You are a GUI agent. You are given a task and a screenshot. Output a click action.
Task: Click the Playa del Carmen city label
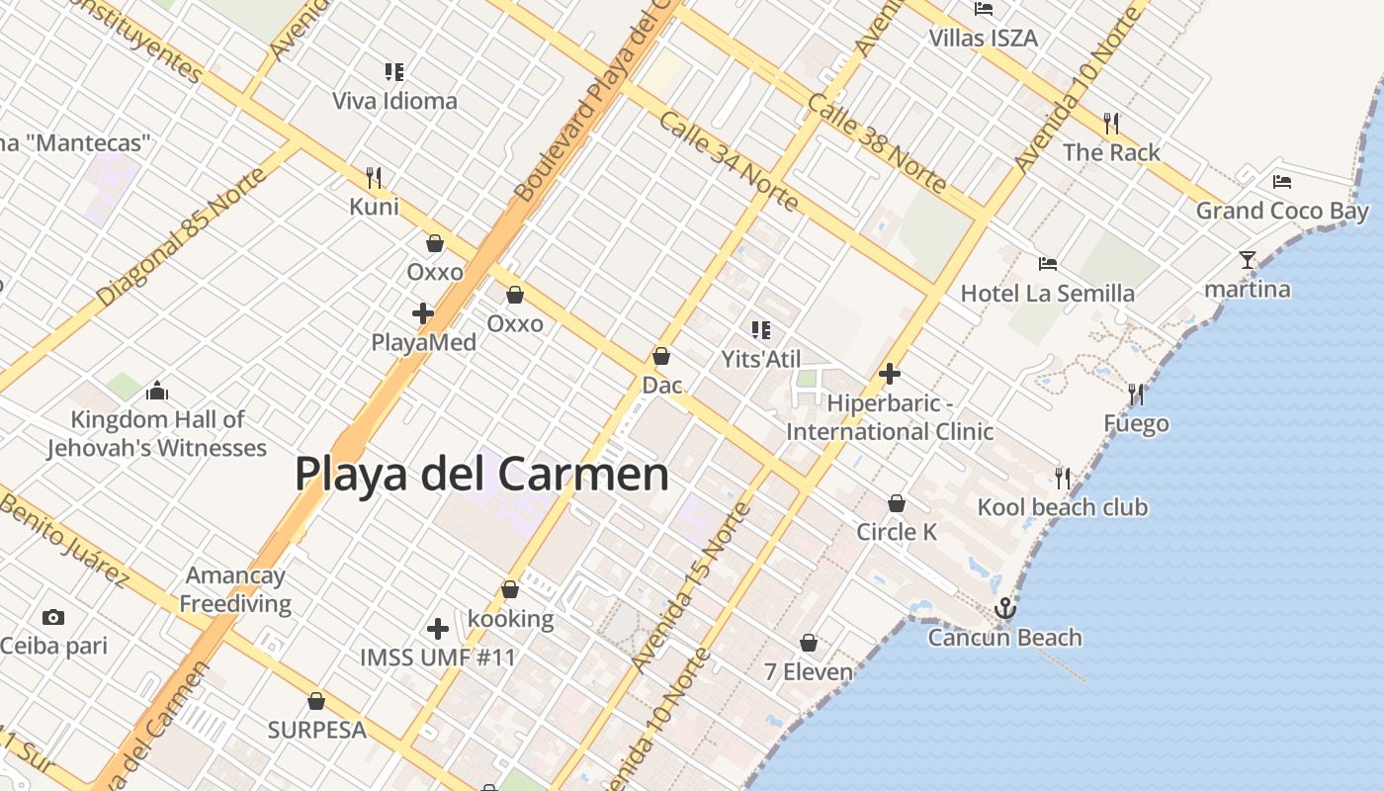[x=482, y=474]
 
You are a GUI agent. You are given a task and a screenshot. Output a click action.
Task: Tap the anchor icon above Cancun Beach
[x=1005, y=608]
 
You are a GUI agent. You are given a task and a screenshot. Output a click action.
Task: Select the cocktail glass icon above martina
[x=1248, y=260]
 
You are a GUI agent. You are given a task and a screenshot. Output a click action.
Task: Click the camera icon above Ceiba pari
[x=53, y=617]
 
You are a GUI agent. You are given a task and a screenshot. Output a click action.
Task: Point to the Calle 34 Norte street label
[x=728, y=162]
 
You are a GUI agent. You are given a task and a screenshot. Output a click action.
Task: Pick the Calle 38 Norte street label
[x=877, y=142]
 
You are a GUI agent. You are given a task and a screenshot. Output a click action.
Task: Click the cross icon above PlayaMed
[x=423, y=313]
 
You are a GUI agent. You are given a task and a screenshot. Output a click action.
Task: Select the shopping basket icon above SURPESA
[x=316, y=701]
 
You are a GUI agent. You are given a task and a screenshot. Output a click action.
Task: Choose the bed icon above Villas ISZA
[x=984, y=9]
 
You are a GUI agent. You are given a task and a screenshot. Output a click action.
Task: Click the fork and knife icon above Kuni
[x=374, y=177]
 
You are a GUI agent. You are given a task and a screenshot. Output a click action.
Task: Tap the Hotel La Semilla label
[x=1048, y=294]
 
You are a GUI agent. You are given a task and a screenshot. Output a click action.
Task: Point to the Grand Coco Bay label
[x=1282, y=211]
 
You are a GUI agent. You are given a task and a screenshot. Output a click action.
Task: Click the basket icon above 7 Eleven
[x=809, y=643]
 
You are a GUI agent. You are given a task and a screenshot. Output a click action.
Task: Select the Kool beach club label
[x=1063, y=507]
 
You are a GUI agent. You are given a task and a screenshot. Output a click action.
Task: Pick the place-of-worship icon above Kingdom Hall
[x=157, y=392]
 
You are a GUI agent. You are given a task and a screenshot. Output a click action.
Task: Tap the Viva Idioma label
[x=394, y=101]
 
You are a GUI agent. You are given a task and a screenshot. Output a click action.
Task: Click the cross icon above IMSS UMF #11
[x=438, y=628]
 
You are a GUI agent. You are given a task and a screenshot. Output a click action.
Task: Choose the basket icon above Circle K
[x=897, y=503]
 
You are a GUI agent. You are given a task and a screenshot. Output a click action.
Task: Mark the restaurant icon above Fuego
[x=1136, y=395]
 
